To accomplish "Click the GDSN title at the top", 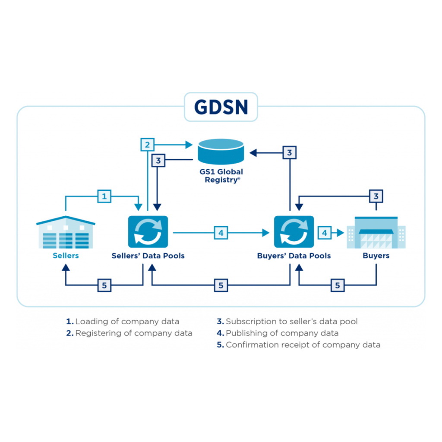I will click(221, 107).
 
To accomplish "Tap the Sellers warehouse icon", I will click(66, 233).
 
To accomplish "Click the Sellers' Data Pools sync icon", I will click(148, 232).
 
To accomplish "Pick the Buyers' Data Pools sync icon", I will click(294, 232).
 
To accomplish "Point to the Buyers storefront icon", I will click(376, 233).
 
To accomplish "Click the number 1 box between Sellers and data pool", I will click(104, 196).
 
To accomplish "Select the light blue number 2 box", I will click(148, 144).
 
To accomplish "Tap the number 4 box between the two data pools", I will click(221, 233).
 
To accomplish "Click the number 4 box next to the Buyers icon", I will click(325, 233).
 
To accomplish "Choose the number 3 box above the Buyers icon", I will click(376, 196).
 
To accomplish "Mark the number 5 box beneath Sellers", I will click(104, 285).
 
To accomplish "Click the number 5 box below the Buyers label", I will click(338, 285).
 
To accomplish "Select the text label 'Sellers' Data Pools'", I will click(148, 256).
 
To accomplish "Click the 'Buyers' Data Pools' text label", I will click(294, 256).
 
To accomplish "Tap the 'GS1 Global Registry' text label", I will click(221, 176).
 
